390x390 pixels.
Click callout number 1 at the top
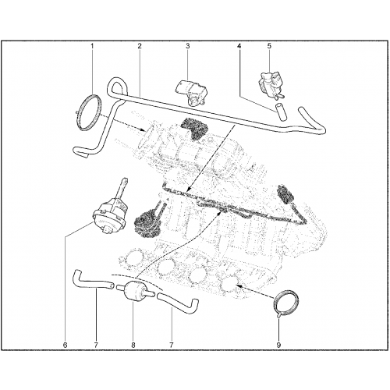[92, 46]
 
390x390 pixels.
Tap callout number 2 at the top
[140, 46]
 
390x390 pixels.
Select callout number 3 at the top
[188, 46]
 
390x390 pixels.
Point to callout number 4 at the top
[239, 46]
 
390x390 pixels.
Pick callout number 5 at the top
[269, 46]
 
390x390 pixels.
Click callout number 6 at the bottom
[65, 346]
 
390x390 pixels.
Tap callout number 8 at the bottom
[133, 346]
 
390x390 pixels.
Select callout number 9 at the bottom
[278, 346]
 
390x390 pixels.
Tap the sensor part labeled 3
[193, 92]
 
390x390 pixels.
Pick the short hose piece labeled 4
[280, 112]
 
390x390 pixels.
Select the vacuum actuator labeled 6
[109, 213]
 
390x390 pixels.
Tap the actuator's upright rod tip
[125, 179]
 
